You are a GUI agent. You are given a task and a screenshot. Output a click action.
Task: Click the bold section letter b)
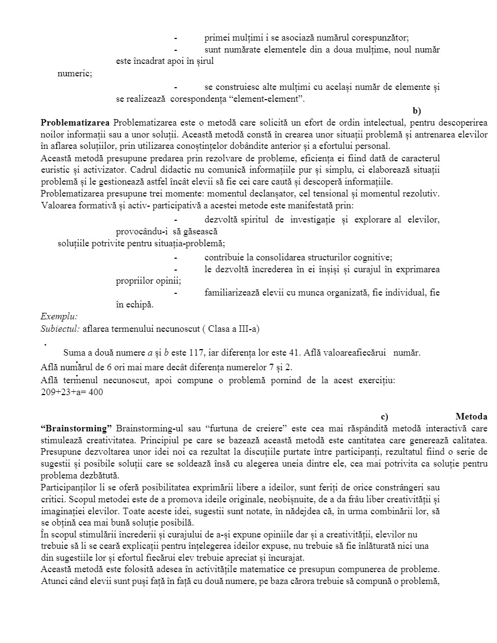[416, 111]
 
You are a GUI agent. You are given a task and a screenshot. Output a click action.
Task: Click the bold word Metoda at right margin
[471, 416]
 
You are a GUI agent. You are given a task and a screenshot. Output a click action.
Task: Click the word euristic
[56, 169]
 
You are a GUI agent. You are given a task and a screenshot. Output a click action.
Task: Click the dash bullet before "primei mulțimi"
[175, 38]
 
